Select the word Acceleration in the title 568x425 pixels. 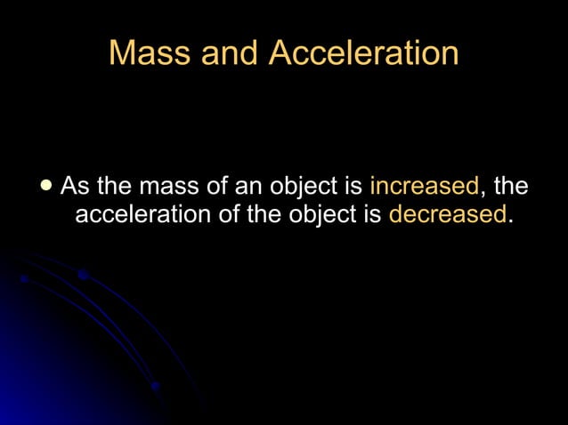point(363,54)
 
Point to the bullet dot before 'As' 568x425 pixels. point(46,187)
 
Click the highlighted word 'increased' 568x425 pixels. point(424,187)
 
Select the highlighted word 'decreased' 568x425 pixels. point(447,214)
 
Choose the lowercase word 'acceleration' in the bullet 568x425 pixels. point(143,215)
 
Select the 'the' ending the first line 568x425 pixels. point(510,187)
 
